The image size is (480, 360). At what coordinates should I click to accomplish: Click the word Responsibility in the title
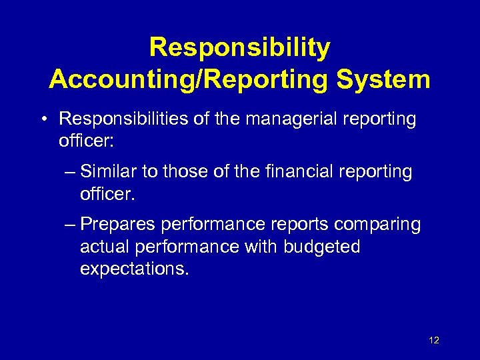point(239,48)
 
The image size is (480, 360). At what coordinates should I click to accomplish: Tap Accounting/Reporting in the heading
point(189,79)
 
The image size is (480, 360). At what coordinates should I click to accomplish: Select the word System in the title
point(383,79)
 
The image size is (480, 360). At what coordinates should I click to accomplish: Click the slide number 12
point(434,341)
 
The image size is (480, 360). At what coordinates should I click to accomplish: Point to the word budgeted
point(321,247)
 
